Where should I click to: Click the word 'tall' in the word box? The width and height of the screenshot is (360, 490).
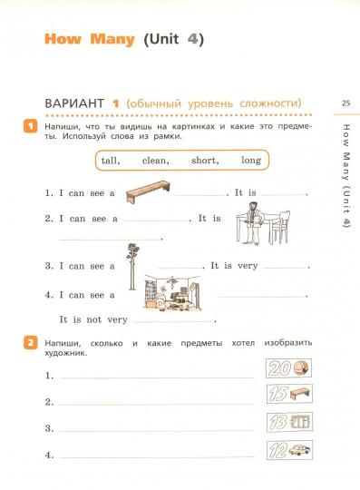click(111, 161)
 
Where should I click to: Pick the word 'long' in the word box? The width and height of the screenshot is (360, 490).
click(251, 161)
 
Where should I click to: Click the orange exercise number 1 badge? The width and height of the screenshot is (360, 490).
click(31, 126)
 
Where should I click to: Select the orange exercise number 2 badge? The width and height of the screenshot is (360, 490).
click(31, 343)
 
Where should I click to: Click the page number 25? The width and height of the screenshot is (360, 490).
click(345, 103)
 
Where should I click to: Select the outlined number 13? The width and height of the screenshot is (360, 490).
click(277, 422)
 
